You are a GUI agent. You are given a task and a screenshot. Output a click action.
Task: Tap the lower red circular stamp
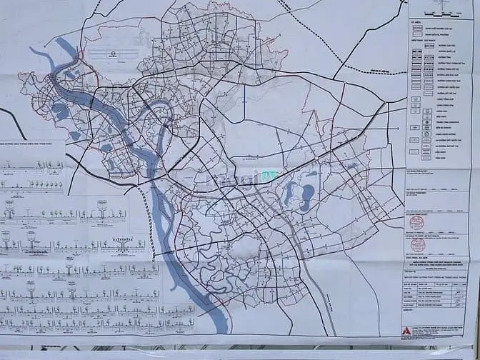pos(419,245)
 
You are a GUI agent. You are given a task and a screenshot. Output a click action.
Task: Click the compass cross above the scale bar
pos(438,6)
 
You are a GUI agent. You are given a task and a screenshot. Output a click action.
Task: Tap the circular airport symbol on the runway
pos(112,54)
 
